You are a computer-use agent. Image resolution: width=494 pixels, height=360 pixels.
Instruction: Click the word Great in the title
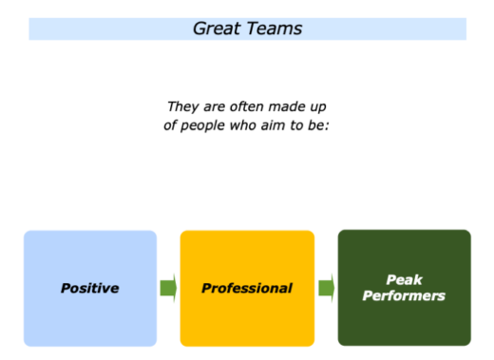217,28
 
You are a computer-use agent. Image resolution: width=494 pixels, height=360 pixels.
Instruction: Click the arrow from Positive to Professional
168,288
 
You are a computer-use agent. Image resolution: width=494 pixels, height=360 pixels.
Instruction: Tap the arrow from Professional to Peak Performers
326,288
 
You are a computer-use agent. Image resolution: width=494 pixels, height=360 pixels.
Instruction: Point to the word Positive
90,288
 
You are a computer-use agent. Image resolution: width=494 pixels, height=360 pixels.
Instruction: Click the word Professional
247,288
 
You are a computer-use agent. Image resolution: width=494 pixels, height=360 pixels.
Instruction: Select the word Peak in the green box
404,279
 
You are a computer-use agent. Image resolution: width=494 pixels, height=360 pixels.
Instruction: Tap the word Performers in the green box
404,296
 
